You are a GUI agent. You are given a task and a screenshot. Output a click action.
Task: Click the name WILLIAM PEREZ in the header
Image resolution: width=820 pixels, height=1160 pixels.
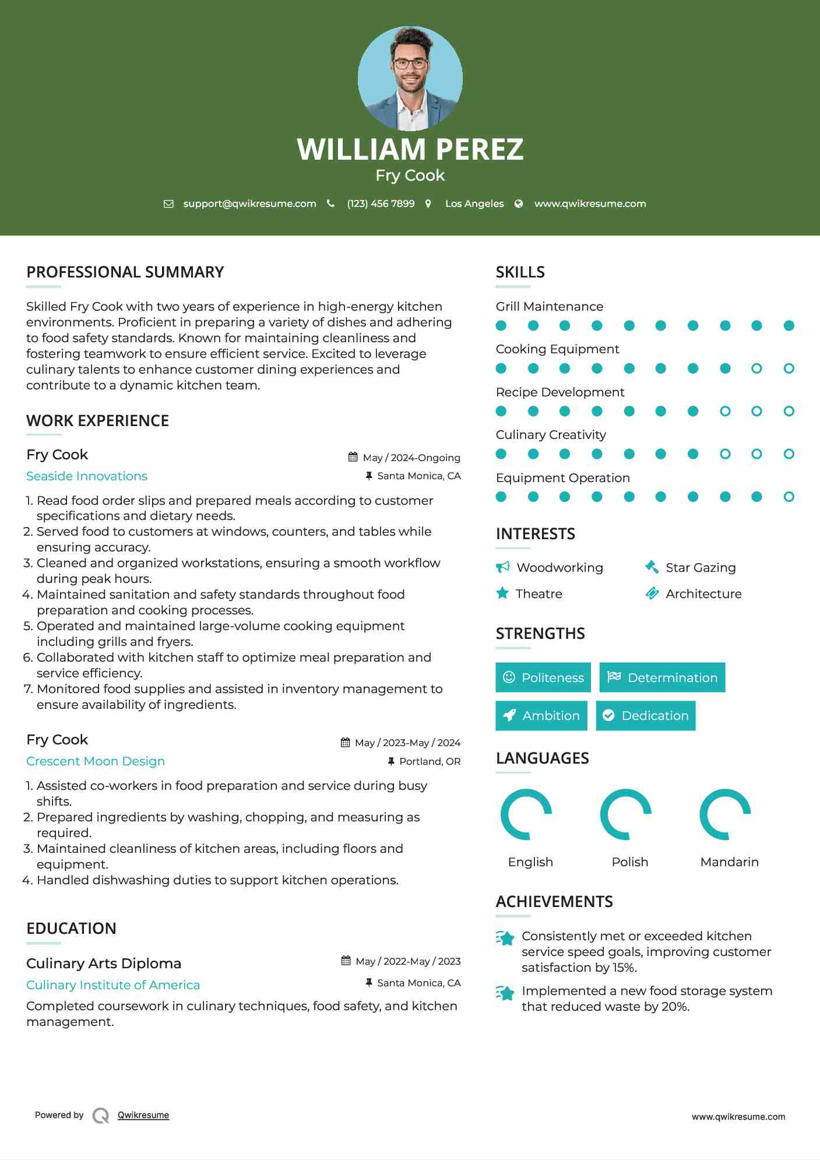click(x=410, y=149)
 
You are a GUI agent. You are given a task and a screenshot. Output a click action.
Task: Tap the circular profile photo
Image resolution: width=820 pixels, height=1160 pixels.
click(x=410, y=78)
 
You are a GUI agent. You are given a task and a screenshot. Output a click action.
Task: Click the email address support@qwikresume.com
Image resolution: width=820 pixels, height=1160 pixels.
click(x=249, y=204)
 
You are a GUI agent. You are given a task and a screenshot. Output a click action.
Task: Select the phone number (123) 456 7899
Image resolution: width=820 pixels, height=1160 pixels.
click(x=381, y=204)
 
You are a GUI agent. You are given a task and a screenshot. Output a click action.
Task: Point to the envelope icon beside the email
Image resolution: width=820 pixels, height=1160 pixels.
click(x=168, y=204)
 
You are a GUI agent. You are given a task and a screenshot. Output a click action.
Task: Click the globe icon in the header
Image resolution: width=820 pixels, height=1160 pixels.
click(x=518, y=204)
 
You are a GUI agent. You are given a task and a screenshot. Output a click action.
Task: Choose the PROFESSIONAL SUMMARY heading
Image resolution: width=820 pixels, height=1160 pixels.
click(x=125, y=272)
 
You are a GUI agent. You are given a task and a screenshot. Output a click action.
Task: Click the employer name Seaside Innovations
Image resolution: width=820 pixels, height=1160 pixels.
click(x=87, y=476)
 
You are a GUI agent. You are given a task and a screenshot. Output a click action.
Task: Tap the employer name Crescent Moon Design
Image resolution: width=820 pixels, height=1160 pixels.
click(x=96, y=761)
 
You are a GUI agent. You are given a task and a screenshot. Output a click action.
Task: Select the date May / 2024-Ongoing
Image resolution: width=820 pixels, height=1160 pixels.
click(x=411, y=458)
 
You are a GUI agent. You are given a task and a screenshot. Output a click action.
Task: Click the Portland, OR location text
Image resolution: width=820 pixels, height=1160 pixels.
click(x=430, y=761)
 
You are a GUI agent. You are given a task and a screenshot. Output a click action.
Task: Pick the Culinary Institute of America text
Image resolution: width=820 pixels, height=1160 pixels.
click(x=113, y=985)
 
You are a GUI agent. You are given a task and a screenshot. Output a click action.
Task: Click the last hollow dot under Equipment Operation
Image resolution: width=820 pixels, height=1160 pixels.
click(x=789, y=497)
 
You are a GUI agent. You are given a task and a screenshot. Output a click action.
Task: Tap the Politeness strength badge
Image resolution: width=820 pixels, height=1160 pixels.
click(x=543, y=677)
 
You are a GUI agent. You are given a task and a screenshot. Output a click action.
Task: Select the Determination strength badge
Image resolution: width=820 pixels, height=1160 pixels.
click(x=662, y=677)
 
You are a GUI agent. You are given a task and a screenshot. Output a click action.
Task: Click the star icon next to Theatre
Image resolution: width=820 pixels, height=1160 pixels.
click(x=502, y=593)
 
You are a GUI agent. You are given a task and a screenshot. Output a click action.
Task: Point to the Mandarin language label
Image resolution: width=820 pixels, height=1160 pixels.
click(x=729, y=862)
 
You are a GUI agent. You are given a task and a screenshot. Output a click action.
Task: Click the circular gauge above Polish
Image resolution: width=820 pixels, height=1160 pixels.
click(x=626, y=814)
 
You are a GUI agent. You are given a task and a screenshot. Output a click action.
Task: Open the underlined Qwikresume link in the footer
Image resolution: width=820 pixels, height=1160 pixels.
click(x=143, y=1115)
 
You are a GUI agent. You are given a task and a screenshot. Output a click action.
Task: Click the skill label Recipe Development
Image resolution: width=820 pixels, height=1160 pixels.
click(x=559, y=392)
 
